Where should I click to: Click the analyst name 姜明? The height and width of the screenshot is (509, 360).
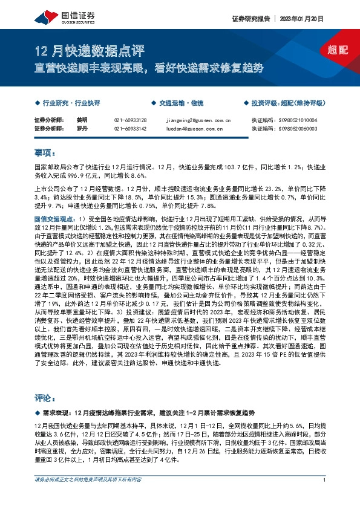click(x=82, y=120)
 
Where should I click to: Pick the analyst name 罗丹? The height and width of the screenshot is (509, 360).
click(x=82, y=129)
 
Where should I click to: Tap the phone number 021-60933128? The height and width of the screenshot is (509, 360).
click(x=130, y=120)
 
